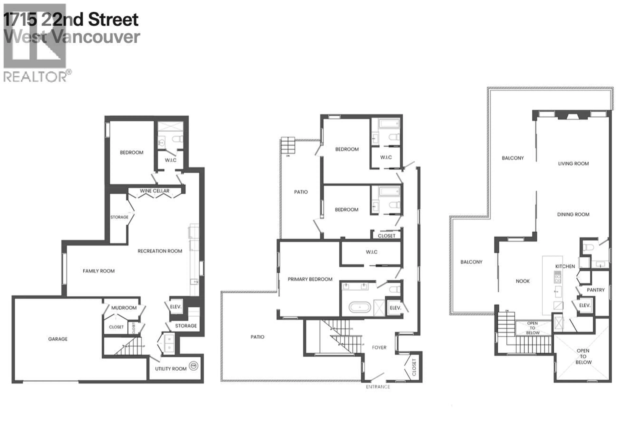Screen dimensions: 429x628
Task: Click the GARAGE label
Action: (x=58, y=339)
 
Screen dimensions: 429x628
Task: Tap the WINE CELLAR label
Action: (x=155, y=191)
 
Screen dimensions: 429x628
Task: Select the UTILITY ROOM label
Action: (x=171, y=369)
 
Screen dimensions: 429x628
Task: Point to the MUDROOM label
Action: (x=124, y=308)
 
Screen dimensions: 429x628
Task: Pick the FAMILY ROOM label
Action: (x=99, y=271)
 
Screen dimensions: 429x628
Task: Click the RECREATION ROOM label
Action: (x=160, y=251)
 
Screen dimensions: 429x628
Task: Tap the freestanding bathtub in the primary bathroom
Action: (x=360, y=307)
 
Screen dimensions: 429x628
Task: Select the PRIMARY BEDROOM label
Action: (x=310, y=279)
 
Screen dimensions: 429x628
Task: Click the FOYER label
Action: (x=379, y=347)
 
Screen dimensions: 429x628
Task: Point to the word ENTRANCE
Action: (x=378, y=387)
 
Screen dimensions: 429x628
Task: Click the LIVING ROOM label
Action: (x=573, y=163)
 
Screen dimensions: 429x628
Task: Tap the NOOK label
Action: (x=523, y=281)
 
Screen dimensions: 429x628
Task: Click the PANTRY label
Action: (x=596, y=290)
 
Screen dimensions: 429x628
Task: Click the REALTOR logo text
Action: (x=35, y=77)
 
